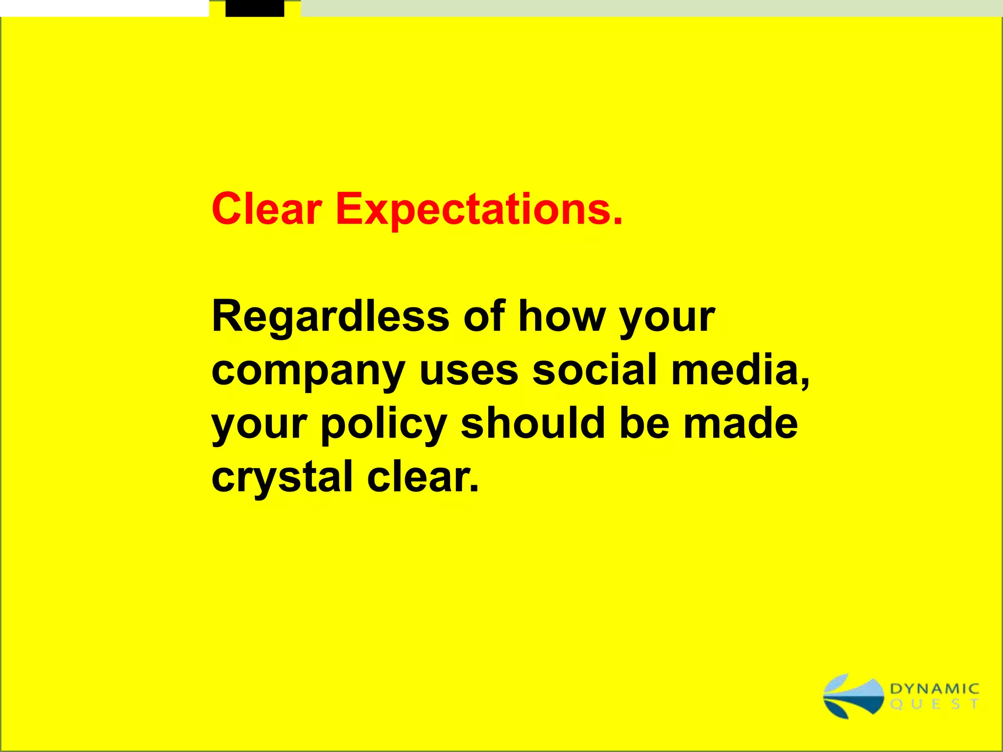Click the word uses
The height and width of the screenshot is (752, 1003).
469,371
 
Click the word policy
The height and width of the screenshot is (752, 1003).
383,424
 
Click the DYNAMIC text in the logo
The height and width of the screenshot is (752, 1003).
934,689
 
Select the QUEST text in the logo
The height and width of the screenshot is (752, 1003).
934,704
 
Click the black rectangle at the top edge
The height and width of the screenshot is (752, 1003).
255,8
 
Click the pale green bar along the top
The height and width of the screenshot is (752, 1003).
651,8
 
